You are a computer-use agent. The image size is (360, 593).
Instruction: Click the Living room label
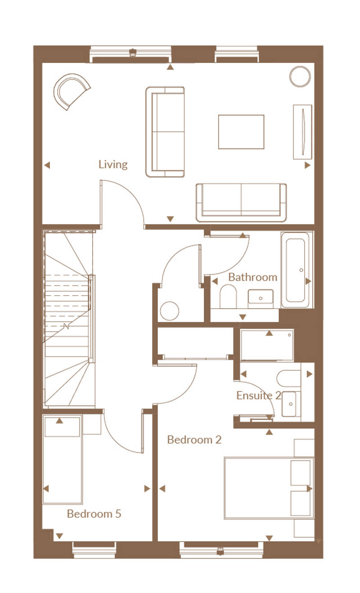point(113,164)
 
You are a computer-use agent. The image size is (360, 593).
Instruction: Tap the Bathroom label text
point(253,277)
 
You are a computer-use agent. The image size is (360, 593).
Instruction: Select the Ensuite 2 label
point(259,395)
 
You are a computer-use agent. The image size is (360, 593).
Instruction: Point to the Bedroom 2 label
point(194,440)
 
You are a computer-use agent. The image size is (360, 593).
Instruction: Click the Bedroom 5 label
point(94,514)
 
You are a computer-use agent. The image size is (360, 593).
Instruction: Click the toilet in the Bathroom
point(228,296)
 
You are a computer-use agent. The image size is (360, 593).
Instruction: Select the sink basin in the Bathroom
point(261,299)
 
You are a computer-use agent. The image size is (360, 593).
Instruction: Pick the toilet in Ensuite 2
point(289,378)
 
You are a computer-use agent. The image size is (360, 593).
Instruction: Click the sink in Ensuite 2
point(291,404)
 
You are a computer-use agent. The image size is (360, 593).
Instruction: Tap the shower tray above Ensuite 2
point(267,345)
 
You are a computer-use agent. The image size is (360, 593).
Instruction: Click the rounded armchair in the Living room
point(72,91)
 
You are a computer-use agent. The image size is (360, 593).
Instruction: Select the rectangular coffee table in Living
point(241,132)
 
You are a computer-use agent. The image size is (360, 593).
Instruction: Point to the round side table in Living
point(300,76)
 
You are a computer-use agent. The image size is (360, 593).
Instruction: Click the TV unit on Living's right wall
point(302,132)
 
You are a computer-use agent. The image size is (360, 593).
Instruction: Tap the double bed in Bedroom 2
point(269,487)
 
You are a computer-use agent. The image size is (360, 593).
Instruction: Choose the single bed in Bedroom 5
point(63,459)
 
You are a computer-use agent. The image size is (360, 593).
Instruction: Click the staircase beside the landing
point(68,319)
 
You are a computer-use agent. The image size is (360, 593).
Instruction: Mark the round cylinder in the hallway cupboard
point(169,311)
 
